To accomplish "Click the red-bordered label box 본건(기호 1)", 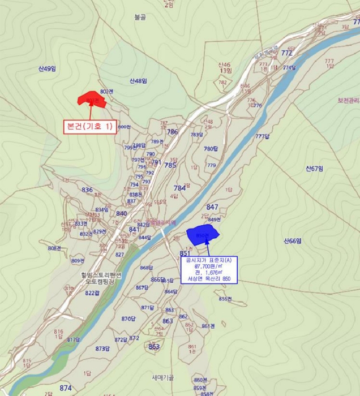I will click(x=90, y=127).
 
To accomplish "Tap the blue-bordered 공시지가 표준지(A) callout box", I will click(x=209, y=269).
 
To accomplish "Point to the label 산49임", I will click(x=48, y=69).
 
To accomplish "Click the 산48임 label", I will click(x=138, y=81).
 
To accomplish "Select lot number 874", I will click(x=66, y=388).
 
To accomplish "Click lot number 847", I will click(x=212, y=207).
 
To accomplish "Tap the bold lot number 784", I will click(x=179, y=188).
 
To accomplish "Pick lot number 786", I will click(x=172, y=132).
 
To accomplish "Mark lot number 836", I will click(x=87, y=190).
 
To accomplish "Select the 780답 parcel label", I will click(x=211, y=149).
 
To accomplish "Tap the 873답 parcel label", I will click(x=102, y=348).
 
